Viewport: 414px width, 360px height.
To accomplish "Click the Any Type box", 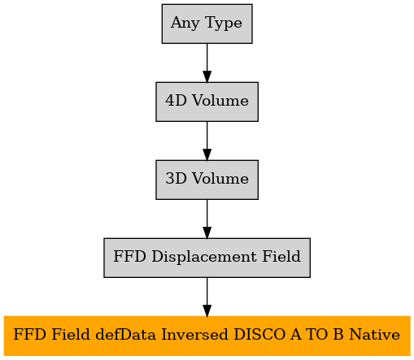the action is (207, 24).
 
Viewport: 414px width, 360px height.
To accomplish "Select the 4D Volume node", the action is (207, 102).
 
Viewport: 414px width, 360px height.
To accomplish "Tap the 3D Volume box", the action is (207, 180).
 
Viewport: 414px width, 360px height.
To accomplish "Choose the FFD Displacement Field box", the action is (207, 258).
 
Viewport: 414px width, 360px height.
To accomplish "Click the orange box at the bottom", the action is (207, 336).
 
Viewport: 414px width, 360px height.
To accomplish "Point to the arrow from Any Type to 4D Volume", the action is (207, 63).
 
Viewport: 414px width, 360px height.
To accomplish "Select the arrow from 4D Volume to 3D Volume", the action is (207, 141).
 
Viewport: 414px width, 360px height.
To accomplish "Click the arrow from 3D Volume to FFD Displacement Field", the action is (207, 219).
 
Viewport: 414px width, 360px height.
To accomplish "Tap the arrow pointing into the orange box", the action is (207, 297).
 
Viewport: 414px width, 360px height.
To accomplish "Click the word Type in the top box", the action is (224, 24).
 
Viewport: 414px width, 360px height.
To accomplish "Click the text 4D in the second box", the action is (176, 101).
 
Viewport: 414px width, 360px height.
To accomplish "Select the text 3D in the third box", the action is (176, 179).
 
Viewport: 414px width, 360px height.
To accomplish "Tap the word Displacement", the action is (204, 257).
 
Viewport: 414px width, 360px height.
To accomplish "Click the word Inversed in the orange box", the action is (194, 334).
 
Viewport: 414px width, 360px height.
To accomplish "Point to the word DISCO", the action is (259, 334).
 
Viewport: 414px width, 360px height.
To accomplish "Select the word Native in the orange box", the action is (375, 334).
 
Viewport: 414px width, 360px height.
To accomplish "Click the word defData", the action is (126, 334).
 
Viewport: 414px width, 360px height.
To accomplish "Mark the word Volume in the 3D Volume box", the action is (220, 179).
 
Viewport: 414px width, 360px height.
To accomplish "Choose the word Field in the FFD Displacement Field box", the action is (281, 256).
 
